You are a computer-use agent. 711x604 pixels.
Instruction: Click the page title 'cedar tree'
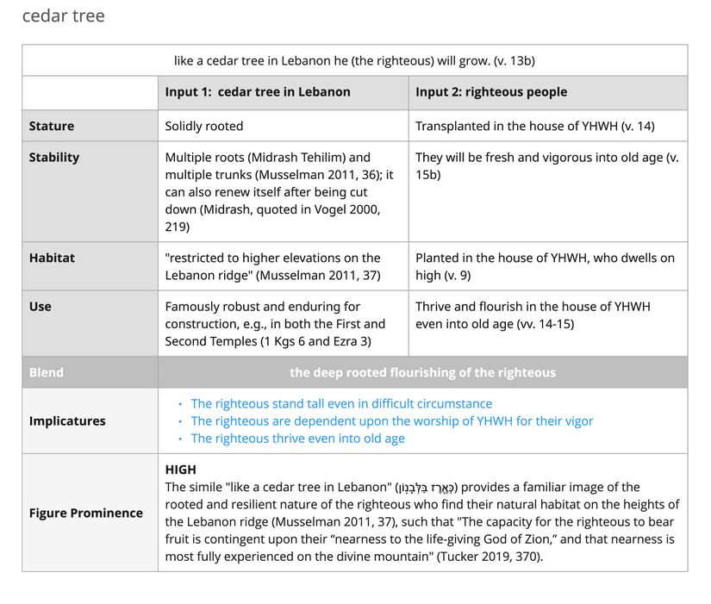pyautogui.click(x=63, y=16)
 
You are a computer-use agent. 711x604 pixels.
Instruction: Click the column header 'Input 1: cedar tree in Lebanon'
pyautogui.click(x=258, y=92)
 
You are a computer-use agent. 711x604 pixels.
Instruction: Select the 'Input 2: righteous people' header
pyautogui.click(x=491, y=92)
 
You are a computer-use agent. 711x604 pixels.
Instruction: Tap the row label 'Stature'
pyautogui.click(x=52, y=126)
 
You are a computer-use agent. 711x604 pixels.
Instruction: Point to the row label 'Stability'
pyautogui.click(x=54, y=157)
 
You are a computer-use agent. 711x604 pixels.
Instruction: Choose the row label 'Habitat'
pyautogui.click(x=52, y=258)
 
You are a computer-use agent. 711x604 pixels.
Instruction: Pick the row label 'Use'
pyautogui.click(x=40, y=306)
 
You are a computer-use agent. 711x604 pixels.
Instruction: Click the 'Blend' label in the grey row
pyautogui.click(x=47, y=372)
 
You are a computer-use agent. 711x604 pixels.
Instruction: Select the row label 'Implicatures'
pyautogui.click(x=67, y=420)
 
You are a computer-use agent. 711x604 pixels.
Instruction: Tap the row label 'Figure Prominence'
pyautogui.click(x=86, y=513)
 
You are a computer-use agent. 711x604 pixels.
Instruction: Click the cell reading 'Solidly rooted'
pyautogui.click(x=204, y=126)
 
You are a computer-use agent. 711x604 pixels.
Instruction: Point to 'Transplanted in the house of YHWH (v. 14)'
pyautogui.click(x=534, y=126)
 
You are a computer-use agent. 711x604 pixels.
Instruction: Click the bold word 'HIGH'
pyautogui.click(x=181, y=470)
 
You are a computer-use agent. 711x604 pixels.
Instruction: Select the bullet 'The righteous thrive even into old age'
pyautogui.click(x=297, y=438)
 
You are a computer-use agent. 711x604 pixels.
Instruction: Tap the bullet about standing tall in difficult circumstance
pyautogui.click(x=341, y=403)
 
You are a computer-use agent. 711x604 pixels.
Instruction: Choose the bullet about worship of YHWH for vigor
pyautogui.click(x=392, y=420)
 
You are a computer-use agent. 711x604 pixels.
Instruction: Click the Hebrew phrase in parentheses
pyautogui.click(x=426, y=488)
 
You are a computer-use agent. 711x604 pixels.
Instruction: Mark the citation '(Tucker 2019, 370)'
pyautogui.click(x=490, y=556)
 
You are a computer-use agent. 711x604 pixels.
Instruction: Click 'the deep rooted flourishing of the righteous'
pyautogui.click(x=422, y=372)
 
